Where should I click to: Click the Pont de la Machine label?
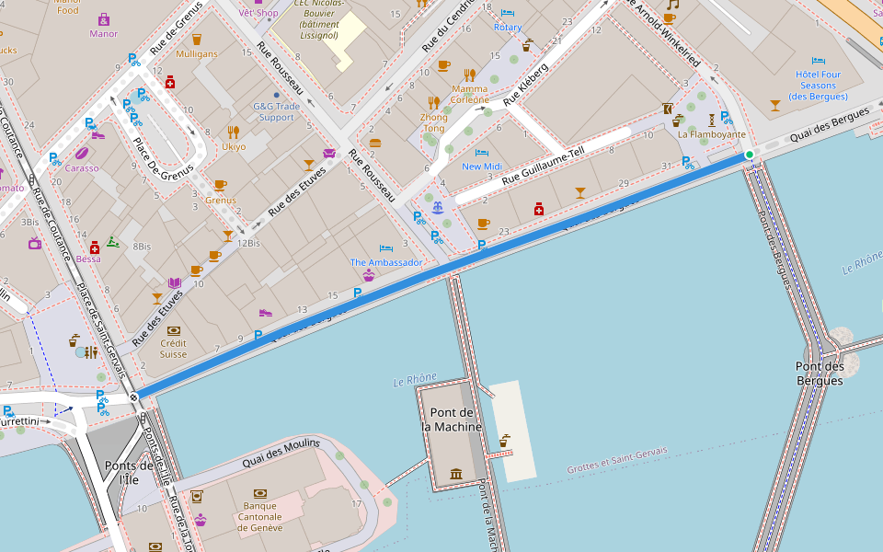451,420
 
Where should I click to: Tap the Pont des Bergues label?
820,374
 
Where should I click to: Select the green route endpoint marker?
750,155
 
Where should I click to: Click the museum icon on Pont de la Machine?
456,474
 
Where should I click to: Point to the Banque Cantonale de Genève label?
259,516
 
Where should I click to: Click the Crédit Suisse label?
173,349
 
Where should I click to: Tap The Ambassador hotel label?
385,262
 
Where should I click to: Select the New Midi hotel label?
482,167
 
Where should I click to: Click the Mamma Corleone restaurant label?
469,94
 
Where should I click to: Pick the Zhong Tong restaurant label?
433,122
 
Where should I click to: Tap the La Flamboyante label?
711,133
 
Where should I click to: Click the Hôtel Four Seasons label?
818,85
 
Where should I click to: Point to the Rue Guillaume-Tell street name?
543,169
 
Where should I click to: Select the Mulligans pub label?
196,54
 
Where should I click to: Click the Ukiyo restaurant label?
233,146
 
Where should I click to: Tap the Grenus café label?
220,200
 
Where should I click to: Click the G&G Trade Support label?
276,111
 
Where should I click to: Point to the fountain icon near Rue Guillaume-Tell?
438,206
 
